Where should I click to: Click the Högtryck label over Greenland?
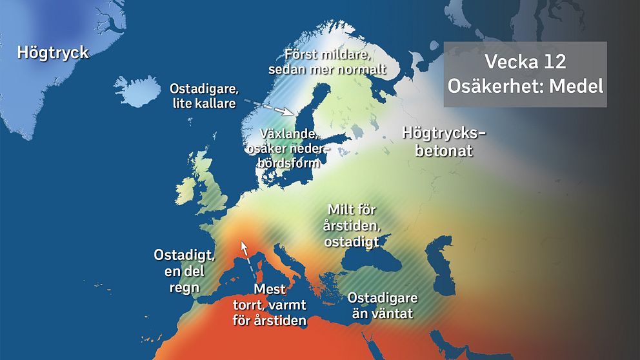pos(53,52)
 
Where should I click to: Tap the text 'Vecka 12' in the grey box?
pos(525,62)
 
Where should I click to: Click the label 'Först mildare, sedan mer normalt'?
pos(335,61)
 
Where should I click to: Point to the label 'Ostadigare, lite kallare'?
pos(203,95)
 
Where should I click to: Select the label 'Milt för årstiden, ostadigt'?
pos(352,225)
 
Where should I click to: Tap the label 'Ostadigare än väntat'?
pos(383,305)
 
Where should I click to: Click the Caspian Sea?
pos(445,265)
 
